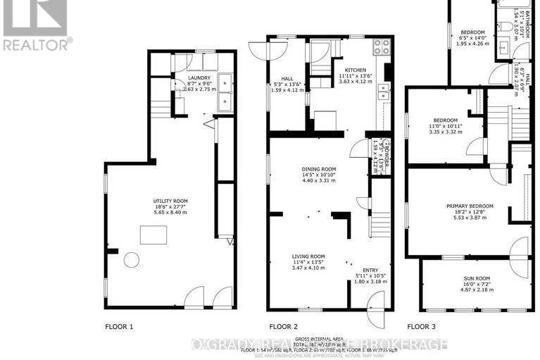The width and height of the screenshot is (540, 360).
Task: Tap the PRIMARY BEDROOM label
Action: click(x=470, y=206)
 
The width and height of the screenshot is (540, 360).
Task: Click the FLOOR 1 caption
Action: click(x=119, y=326)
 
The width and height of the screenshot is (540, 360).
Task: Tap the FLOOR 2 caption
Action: click(x=284, y=326)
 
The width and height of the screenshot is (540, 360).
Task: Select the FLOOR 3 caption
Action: click(x=422, y=326)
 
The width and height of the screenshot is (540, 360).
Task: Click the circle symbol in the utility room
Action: click(x=131, y=259)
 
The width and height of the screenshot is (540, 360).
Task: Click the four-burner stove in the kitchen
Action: click(x=381, y=47)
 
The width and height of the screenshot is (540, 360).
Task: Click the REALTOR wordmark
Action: click(x=37, y=44)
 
